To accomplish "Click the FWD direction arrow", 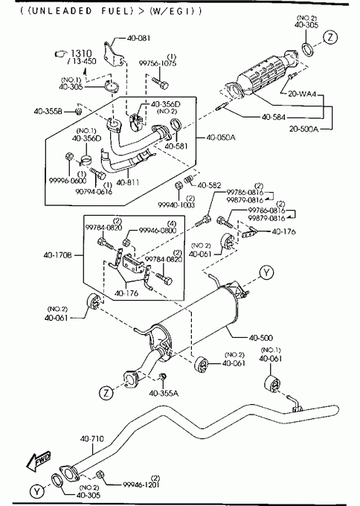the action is point(39,461).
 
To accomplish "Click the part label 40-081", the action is point(138,38).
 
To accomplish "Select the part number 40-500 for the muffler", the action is point(260,338).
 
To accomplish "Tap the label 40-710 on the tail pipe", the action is point(92,438).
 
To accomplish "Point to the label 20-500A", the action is point(303,129).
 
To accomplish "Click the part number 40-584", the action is point(274,117).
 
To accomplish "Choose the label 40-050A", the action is point(221,138).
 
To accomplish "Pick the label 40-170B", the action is point(58,255).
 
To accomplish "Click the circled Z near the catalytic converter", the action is point(330,37).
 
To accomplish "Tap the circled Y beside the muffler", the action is point(266,273).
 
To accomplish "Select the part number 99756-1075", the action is point(158,63).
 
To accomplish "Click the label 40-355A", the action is point(164,393).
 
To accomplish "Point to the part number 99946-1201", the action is point(141,484).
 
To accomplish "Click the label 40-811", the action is point(128,182).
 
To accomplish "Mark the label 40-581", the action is point(176,146).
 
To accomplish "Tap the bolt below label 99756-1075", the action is point(160,83).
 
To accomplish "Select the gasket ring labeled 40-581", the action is point(176,124).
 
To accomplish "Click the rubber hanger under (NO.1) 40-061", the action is point(272,384).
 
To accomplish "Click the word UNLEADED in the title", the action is point(62,11).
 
